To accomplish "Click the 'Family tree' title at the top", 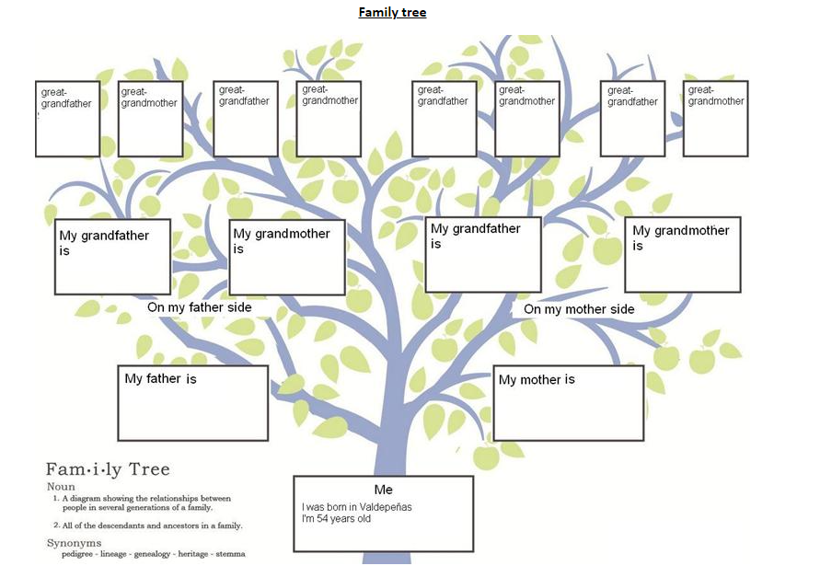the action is (392, 13).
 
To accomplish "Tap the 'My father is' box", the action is (192, 403).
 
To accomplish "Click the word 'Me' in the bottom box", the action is (383, 490).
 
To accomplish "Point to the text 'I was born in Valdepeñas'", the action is (356, 507).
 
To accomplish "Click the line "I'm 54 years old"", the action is (336, 519).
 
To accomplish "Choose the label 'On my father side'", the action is (199, 307).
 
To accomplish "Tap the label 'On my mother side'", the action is (579, 309).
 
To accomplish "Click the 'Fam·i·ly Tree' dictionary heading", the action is (108, 469).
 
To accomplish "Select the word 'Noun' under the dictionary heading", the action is (61, 487).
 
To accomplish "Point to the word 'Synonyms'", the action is (74, 543).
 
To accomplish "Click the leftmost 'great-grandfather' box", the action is (67, 119).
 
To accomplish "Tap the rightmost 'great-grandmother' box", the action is (715, 118).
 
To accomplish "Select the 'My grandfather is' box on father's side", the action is (112, 256).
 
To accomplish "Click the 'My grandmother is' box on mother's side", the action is (682, 255).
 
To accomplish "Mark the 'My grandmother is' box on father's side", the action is (286, 257).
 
